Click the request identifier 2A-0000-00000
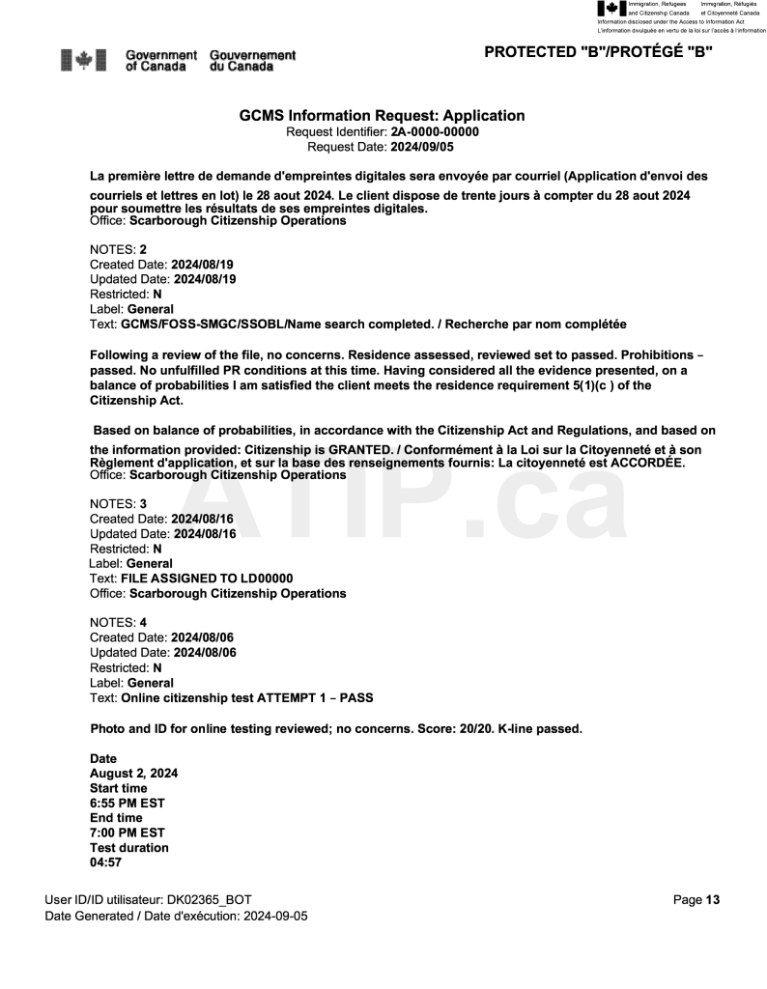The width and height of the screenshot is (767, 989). pyautogui.click(x=435, y=132)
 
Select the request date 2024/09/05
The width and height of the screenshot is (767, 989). pyautogui.click(x=421, y=148)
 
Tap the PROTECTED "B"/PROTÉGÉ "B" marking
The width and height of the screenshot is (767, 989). pyautogui.click(x=598, y=52)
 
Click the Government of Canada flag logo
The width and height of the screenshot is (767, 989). pyautogui.click(x=84, y=57)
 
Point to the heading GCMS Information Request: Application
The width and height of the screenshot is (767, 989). pyautogui.click(x=382, y=116)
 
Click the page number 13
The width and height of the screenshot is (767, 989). pyautogui.click(x=713, y=900)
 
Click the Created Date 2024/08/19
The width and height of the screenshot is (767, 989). pyautogui.click(x=204, y=264)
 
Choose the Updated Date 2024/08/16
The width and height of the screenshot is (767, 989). pyautogui.click(x=205, y=532)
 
